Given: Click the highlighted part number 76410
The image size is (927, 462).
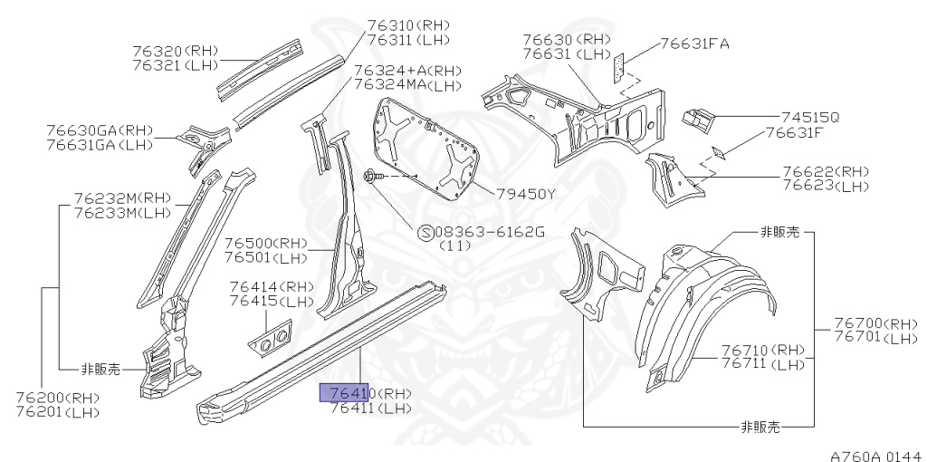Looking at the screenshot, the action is pos(348,393).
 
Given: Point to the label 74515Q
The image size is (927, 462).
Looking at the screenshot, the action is pos(810,118).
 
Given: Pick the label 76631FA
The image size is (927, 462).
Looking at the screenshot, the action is pos(694,43).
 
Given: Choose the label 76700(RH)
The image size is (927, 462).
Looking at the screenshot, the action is pos(875,323).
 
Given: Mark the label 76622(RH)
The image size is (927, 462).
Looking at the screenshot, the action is pos(825,171).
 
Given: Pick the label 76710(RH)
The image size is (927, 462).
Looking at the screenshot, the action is pos(762,350).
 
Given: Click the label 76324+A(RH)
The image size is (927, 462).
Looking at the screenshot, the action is pos(407,70).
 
